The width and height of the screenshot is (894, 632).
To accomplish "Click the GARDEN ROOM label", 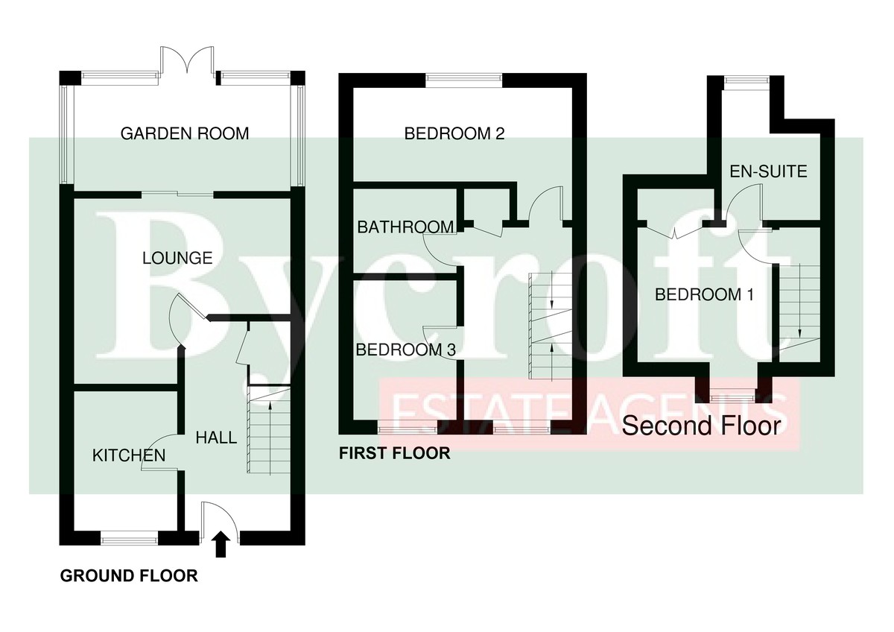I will coord(184,134).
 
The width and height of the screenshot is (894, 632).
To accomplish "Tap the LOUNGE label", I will coord(177,259).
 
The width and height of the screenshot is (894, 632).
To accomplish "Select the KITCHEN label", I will coord(128,455).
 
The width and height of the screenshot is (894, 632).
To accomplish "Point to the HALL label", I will coord(216,437).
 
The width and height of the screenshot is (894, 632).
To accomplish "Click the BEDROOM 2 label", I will coord(454,134).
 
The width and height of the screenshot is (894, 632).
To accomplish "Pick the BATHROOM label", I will coord(405,227).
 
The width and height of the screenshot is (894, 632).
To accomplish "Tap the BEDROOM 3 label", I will coord(405,349).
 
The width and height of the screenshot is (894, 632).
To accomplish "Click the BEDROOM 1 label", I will coord(704,294).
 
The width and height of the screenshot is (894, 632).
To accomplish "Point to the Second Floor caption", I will coord(701,426).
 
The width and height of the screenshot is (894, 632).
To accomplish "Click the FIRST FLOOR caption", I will coord(394,452).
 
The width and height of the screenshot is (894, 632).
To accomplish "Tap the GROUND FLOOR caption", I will coord(129,576).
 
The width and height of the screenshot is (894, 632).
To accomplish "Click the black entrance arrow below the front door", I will coord(221,545).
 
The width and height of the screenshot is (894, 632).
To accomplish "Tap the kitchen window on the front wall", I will coord(130,534).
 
